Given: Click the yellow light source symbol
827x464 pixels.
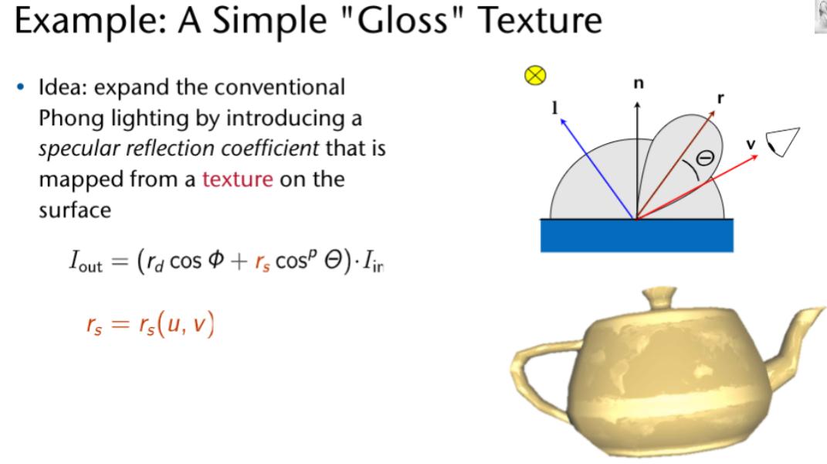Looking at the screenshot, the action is pos(535,75).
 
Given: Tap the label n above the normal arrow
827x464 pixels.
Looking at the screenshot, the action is pos(639,84).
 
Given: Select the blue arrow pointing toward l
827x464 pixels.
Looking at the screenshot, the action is pos(598,169).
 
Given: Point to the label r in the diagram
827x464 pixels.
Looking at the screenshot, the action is pos(720,97).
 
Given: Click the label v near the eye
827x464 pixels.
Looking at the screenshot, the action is pos(751,144).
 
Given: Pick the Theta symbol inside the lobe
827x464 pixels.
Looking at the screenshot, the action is pos(705,158).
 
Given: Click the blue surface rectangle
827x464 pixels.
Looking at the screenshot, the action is pos(636,235).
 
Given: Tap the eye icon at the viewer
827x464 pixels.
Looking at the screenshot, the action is pos(783,142).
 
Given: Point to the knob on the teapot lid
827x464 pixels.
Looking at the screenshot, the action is pos(659,297).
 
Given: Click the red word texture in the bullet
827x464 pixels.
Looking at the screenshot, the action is pos(237,179).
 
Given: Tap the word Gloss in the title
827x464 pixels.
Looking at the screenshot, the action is pos(404,20).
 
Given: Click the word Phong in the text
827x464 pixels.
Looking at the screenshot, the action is pos(71,118).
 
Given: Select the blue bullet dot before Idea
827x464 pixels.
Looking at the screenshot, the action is pos(21,87).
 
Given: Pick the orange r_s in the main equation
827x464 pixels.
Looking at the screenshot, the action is pos(262,262).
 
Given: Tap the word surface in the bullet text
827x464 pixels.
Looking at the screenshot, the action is pos(75,210).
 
